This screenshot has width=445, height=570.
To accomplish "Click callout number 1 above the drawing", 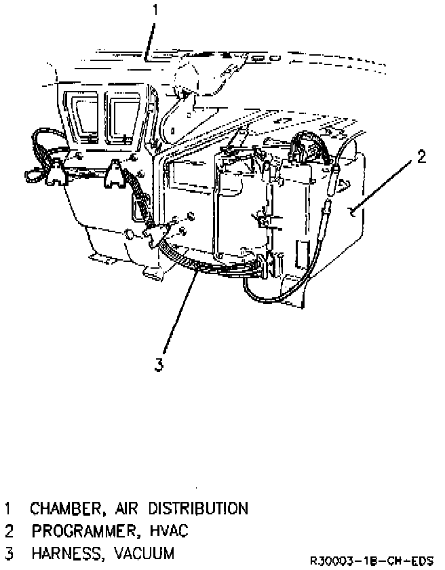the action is [155, 9].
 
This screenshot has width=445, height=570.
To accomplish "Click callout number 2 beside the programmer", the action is [421, 157].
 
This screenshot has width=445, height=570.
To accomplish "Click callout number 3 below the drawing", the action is [159, 364].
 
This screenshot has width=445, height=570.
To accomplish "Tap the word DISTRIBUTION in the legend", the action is [198, 508].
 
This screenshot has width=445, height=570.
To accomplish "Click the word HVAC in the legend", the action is [169, 531].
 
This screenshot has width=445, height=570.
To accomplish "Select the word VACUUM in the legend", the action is [144, 553].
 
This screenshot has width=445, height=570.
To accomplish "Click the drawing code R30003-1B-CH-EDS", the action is [372, 560].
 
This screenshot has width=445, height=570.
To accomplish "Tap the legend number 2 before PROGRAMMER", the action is [9, 531].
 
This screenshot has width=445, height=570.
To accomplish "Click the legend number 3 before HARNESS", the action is [9, 554].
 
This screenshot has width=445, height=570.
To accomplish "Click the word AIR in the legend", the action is [127, 508].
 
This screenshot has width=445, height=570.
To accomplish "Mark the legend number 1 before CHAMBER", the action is [7, 508].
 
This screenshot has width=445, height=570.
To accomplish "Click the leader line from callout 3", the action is [180, 310].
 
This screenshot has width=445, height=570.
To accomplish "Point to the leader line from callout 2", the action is [382, 187].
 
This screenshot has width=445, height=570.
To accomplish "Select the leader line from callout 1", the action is [150, 41].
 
